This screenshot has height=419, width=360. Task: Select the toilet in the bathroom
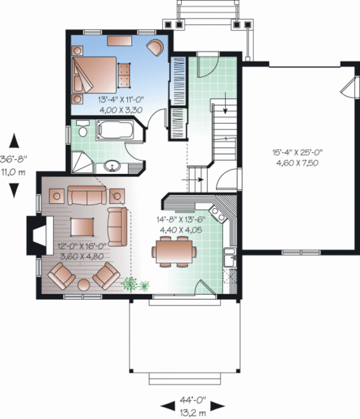click(x=82, y=128)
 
